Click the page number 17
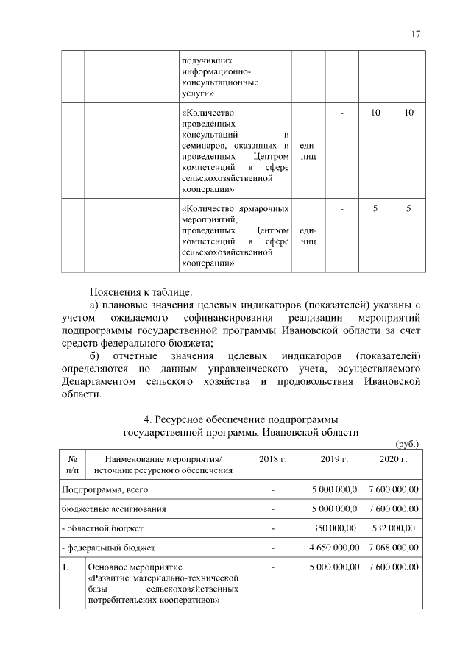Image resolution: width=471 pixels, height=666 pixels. (416, 34)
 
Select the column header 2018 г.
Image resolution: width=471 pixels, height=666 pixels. (272, 459)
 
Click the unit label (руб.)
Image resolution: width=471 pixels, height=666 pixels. (406, 444)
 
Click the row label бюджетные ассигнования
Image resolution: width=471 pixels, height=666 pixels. (113, 509)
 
